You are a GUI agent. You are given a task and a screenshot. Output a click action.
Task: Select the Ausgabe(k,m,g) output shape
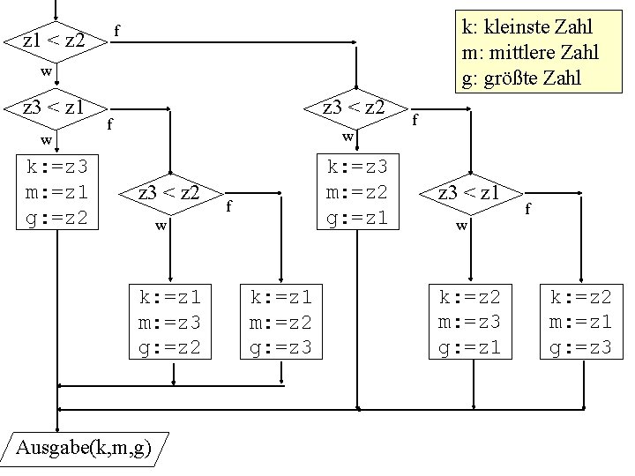coord(84,450)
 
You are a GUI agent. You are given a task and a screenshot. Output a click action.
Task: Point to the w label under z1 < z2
coord(51,70)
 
